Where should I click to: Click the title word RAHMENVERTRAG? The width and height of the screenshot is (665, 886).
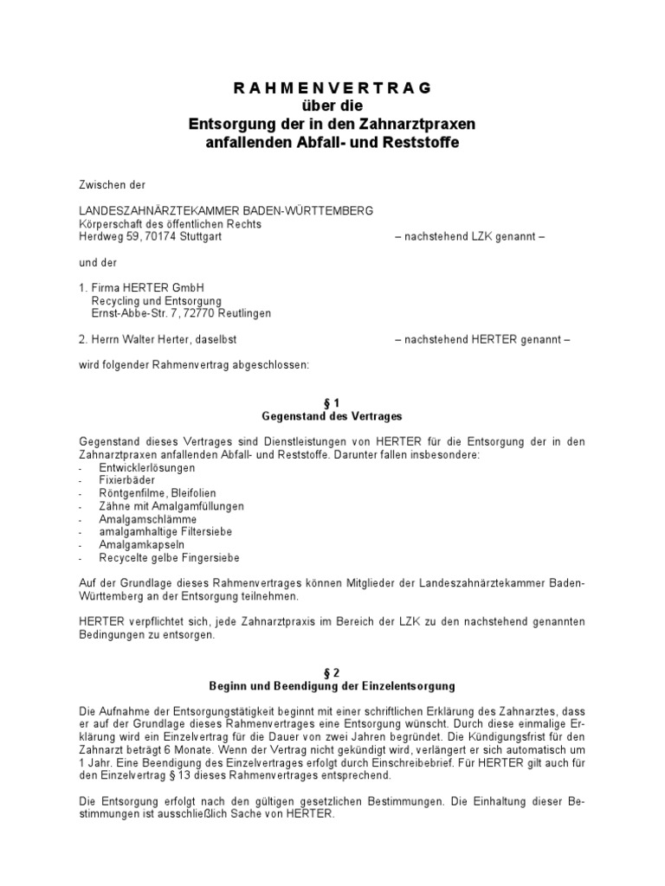[332, 88]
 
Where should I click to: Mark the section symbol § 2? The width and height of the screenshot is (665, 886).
[332, 674]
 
